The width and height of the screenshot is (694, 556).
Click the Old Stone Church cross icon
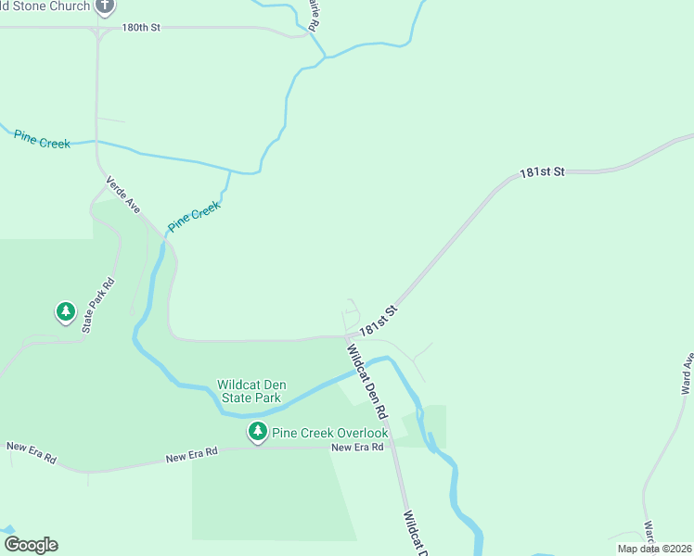[x=105, y=6]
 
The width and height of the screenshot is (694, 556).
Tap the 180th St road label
[x=141, y=28]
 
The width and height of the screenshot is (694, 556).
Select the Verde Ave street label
[x=122, y=195]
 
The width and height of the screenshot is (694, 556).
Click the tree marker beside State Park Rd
[x=65, y=310]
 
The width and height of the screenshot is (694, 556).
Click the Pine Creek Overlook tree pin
[x=257, y=432]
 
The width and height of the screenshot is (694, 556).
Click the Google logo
[x=31, y=545]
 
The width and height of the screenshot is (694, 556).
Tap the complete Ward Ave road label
[x=687, y=374]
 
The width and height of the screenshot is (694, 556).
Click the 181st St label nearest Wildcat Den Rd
[x=379, y=321]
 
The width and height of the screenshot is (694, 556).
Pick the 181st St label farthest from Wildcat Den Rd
[x=542, y=172]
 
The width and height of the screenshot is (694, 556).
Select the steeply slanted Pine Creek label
[x=194, y=216]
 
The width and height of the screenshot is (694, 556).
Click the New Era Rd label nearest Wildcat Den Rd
[x=357, y=448]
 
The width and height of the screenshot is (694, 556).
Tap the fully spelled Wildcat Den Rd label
[x=367, y=380]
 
